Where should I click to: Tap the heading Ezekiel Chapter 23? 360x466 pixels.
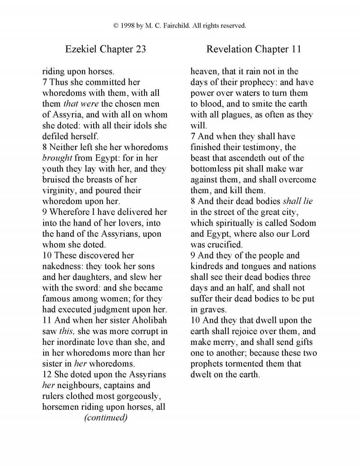(x=105, y=49)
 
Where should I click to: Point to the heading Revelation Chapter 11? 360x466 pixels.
(x=253, y=49)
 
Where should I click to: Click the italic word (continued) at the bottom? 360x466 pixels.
(x=106, y=418)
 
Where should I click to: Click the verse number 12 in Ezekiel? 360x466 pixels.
(x=47, y=375)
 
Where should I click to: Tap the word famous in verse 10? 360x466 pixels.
(x=57, y=299)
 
